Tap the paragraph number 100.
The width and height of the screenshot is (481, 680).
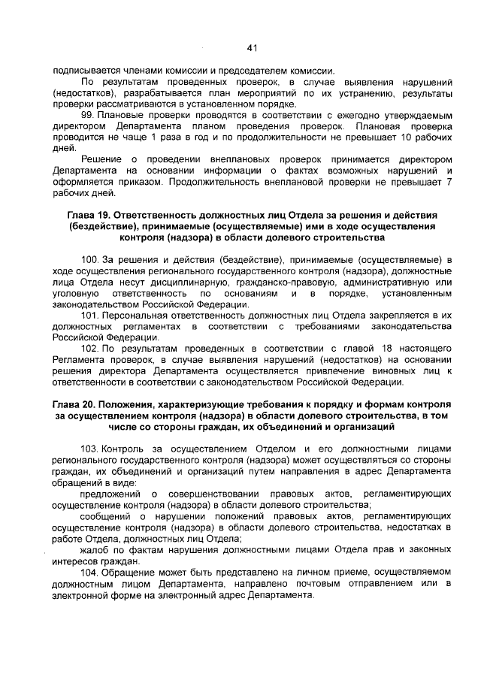pos(90,259)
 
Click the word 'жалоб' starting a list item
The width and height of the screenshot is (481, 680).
pos(95,550)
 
